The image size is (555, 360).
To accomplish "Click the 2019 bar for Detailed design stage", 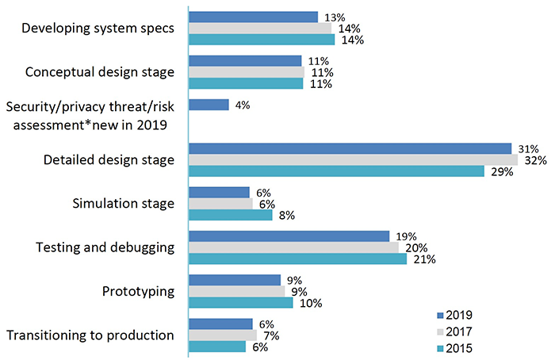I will click(x=350, y=148).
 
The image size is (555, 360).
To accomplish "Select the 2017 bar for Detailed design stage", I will click(x=353, y=160).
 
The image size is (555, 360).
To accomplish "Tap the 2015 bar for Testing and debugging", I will click(x=297, y=259).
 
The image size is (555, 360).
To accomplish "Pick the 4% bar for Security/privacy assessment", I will click(x=209, y=105).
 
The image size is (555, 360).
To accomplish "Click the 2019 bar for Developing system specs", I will click(x=253, y=17).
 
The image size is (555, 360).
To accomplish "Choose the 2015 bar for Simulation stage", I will click(x=230, y=215).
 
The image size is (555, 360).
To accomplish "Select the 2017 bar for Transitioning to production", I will click(x=223, y=335).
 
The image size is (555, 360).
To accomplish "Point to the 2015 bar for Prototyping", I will click(x=240, y=303).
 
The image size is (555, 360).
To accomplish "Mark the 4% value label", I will click(x=243, y=105).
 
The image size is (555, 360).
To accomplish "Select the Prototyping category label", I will click(x=139, y=291).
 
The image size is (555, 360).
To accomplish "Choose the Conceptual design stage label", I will click(x=100, y=72).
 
